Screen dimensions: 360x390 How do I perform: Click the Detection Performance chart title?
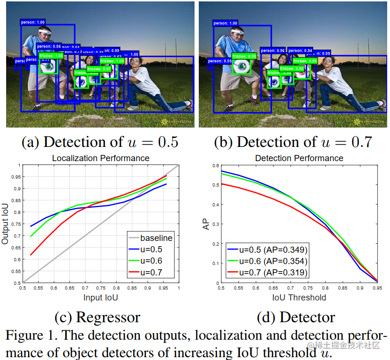tap(299, 158)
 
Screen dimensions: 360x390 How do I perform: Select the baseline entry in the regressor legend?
tap(156, 238)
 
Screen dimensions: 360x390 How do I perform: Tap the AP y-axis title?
tap(206, 224)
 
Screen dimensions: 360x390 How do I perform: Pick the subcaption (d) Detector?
tap(296, 317)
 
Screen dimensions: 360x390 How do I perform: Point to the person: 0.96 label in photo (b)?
tap(273, 51)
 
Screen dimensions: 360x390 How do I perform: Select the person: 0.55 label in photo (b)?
tap(220, 61)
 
